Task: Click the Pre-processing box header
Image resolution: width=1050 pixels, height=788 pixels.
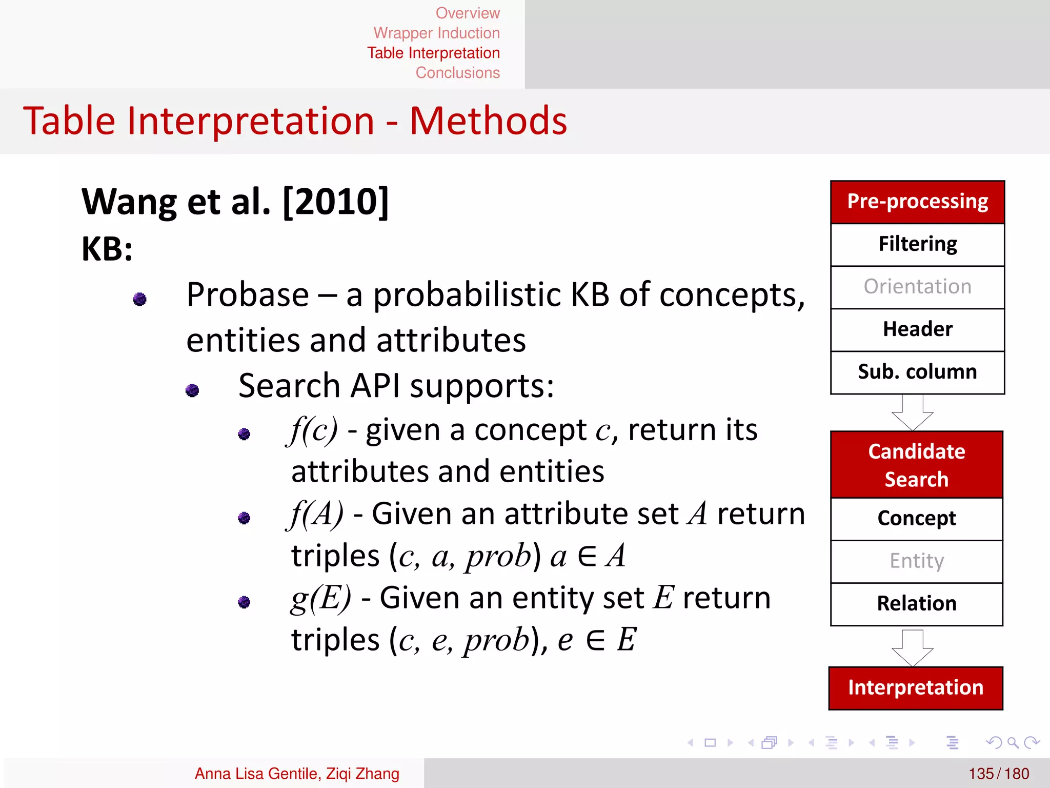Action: (x=917, y=202)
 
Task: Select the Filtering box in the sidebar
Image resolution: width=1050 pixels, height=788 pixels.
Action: (x=917, y=244)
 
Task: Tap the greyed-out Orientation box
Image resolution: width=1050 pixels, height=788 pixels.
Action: (x=917, y=287)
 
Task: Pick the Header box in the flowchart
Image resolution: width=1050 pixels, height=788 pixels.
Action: (x=917, y=329)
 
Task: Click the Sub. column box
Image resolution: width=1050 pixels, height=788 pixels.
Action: (x=917, y=372)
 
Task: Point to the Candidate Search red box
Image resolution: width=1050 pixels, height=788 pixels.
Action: (x=916, y=465)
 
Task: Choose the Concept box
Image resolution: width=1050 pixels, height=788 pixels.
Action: (x=916, y=518)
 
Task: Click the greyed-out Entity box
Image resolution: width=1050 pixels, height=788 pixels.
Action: (x=916, y=561)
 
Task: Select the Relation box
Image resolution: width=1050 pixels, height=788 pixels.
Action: (x=916, y=603)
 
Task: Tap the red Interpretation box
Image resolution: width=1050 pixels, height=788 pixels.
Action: (x=915, y=688)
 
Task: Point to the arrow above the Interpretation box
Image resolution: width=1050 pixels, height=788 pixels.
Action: (x=913, y=647)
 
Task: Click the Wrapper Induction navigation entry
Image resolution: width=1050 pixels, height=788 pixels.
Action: (x=436, y=33)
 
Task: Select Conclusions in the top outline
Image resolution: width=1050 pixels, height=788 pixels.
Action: (x=457, y=73)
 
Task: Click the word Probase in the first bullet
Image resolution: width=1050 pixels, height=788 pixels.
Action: (x=248, y=295)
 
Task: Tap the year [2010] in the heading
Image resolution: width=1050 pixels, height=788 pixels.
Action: (x=336, y=202)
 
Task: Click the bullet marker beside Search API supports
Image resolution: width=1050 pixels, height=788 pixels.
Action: (x=192, y=390)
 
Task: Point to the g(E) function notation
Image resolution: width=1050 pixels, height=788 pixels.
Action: (x=320, y=598)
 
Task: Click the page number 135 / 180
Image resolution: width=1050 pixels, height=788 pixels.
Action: (x=998, y=773)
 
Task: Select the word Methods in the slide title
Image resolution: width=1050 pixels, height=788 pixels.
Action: (x=488, y=121)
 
